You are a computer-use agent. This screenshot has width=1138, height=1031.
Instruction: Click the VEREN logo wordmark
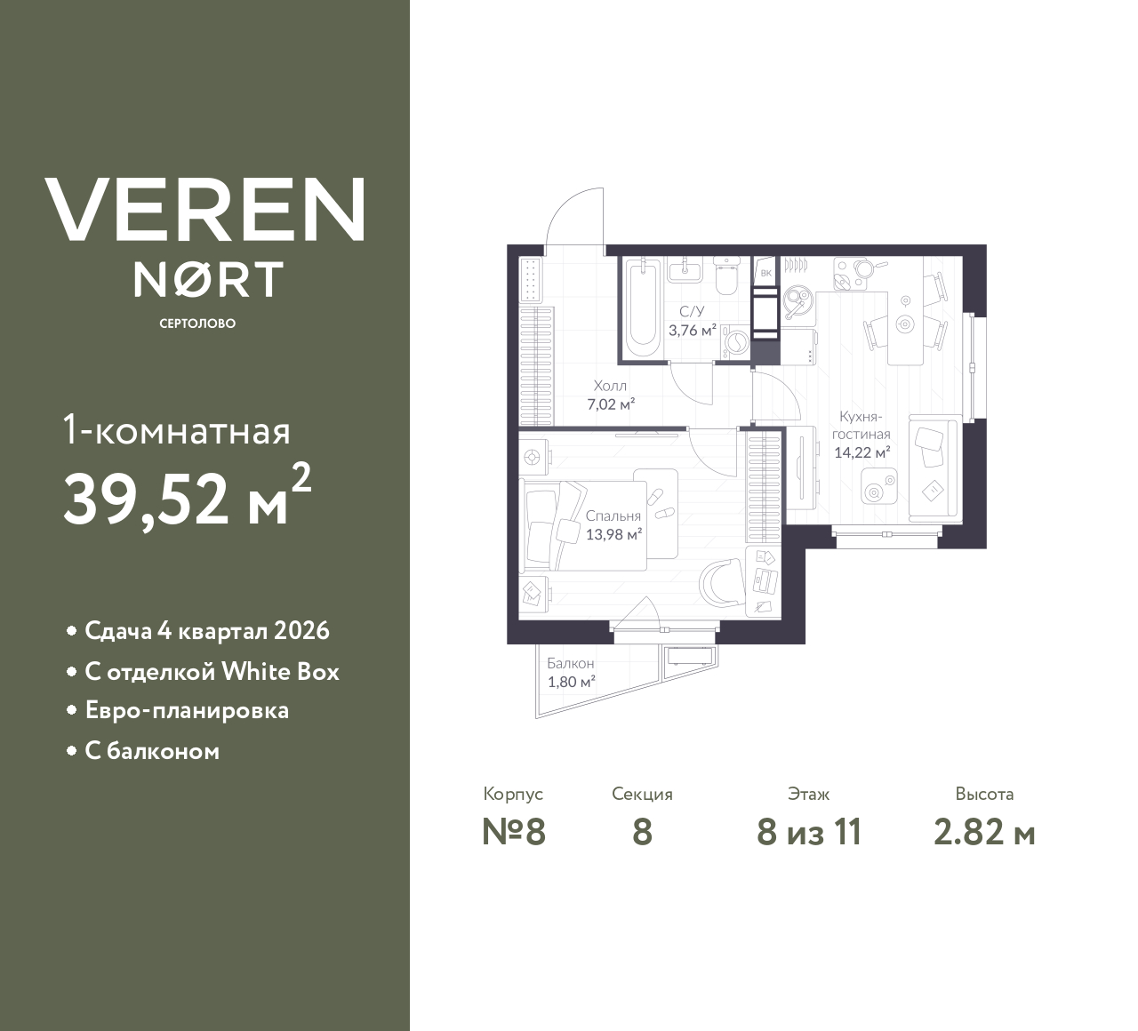(204, 209)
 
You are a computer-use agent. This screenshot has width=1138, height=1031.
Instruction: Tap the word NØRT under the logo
(209, 279)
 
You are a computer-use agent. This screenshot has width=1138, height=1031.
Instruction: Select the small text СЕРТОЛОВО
(197, 324)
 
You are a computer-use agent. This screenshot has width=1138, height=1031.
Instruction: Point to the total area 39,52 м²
(187, 498)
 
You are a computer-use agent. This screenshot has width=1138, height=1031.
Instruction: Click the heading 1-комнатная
(177, 432)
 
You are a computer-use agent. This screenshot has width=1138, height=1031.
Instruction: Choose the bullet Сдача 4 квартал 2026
(206, 631)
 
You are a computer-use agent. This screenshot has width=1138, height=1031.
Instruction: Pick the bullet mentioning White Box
(212, 671)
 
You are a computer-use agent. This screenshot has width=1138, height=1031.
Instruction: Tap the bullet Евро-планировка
(187, 711)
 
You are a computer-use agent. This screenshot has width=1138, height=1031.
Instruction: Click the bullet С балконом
(152, 751)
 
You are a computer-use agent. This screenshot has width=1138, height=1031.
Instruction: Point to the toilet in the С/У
(726, 276)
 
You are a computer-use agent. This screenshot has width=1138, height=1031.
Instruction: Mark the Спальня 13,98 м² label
(613, 534)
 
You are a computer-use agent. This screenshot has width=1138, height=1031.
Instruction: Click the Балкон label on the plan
(571, 664)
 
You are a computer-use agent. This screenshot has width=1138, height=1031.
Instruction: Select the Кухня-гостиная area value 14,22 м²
(862, 452)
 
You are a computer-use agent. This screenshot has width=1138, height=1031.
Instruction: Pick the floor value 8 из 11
(809, 833)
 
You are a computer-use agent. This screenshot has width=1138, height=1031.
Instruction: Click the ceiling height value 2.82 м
(984, 833)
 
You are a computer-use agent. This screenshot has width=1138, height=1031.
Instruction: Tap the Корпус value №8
(513, 833)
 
